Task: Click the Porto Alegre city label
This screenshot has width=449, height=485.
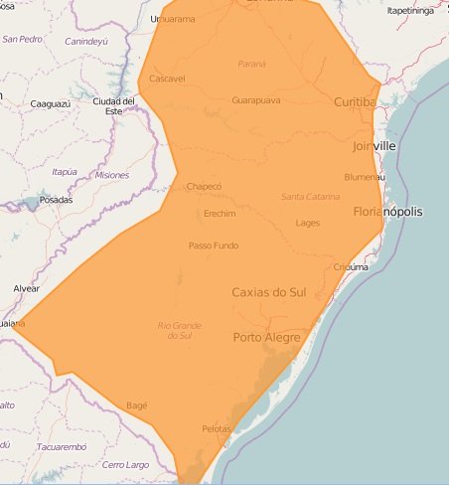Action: [x=267, y=338]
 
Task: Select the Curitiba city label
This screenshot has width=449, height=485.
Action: [x=355, y=102]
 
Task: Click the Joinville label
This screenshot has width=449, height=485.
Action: [x=374, y=146]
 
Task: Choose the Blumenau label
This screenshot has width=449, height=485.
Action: [x=364, y=177]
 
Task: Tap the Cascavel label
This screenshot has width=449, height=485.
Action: [x=167, y=79]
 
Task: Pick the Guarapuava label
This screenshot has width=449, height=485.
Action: [x=255, y=100]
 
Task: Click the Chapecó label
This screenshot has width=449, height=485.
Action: [x=204, y=186]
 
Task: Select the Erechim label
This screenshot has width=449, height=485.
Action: [x=219, y=214]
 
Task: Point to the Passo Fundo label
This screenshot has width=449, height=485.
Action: [x=214, y=245]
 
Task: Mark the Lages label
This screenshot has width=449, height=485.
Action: [x=308, y=223]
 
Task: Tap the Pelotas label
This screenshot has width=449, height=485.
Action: [x=216, y=428]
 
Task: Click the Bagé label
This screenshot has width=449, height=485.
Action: [x=137, y=405]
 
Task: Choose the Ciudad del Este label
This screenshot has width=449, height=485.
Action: [x=113, y=104]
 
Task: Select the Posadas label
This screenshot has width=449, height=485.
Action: [x=56, y=200]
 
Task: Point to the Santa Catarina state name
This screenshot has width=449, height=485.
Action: [x=310, y=196]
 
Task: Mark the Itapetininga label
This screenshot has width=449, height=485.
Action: [x=411, y=11]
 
